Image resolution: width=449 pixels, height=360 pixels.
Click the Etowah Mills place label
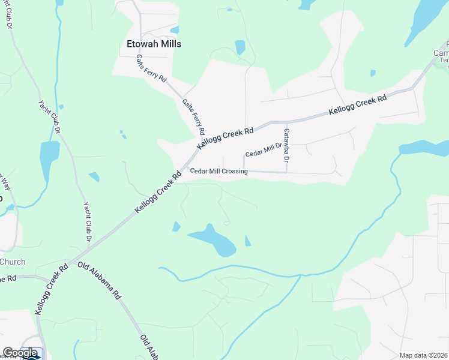click(x=154, y=44)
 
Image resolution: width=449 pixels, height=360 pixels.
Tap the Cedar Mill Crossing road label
click(x=218, y=172)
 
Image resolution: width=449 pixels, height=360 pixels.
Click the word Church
click(x=13, y=262)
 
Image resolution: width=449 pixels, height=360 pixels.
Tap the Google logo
click(x=20, y=353)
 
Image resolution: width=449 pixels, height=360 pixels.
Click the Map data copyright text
click(x=424, y=355)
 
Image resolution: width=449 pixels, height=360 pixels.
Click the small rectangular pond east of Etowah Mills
click(x=240, y=47)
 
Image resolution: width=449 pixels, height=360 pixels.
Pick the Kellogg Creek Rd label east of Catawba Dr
click(x=357, y=106)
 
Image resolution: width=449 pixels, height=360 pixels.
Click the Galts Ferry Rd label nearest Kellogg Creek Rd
click(x=194, y=116)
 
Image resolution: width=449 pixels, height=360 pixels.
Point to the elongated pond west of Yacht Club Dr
click(x=48, y=159)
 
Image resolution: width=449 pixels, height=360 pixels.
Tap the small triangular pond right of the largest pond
click(x=248, y=241)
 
